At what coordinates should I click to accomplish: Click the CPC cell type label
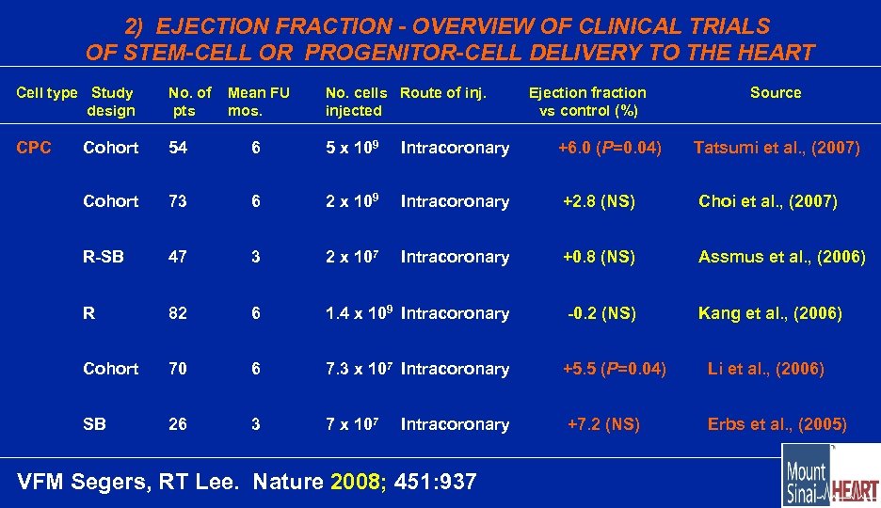click(34, 148)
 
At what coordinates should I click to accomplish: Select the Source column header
click(775, 92)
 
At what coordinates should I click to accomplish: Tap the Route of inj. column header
click(442, 92)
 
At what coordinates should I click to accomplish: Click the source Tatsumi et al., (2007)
click(777, 148)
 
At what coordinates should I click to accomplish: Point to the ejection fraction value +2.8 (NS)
click(599, 201)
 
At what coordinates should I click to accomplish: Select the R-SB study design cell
click(104, 257)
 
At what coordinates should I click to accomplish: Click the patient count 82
click(178, 313)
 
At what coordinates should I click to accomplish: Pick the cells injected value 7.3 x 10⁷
click(359, 368)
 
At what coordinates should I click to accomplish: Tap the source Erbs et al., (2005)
click(777, 424)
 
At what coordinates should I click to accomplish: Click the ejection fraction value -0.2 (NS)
click(601, 313)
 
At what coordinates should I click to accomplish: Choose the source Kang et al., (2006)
click(770, 313)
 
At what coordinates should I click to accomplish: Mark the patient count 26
click(178, 424)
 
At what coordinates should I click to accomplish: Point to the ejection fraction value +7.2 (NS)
click(602, 424)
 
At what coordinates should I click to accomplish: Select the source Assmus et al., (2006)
click(781, 257)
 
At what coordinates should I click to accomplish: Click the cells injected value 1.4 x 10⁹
click(359, 313)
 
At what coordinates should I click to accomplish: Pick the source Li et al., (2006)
click(765, 369)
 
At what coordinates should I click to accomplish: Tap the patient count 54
click(178, 148)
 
